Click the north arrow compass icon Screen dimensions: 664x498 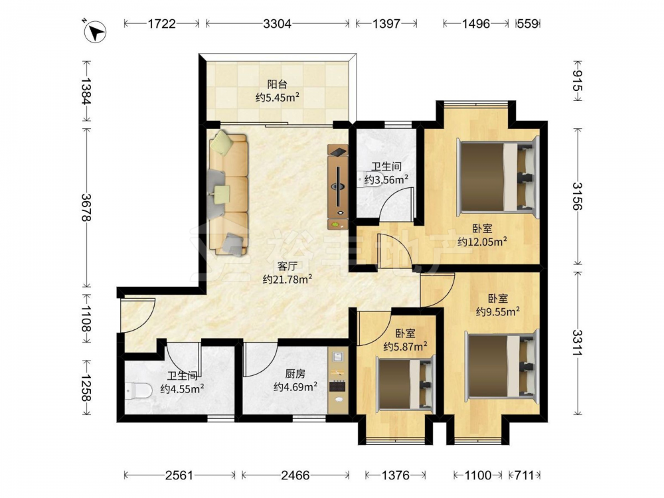pyautogui.click(x=95, y=32)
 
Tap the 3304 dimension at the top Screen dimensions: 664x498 pyautogui.click(x=278, y=23)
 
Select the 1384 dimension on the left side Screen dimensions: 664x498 pyautogui.click(x=86, y=91)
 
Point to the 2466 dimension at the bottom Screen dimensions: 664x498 pyautogui.click(x=295, y=475)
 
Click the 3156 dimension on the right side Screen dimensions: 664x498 pyautogui.click(x=578, y=196)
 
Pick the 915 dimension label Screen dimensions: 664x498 pyautogui.click(x=578, y=81)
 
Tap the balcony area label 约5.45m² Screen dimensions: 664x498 pyautogui.click(x=278, y=98)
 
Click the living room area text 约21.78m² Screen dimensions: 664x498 pyautogui.click(x=288, y=280)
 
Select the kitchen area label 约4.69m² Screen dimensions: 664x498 pyautogui.click(x=295, y=387)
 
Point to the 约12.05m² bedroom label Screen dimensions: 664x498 pyautogui.click(x=482, y=242)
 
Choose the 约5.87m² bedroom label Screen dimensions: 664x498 pyautogui.click(x=405, y=347)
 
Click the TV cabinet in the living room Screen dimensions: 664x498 pyautogui.click(x=338, y=187)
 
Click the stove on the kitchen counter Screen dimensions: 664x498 pyautogui.click(x=338, y=386)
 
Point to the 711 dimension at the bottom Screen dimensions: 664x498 pyautogui.click(x=524, y=475)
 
